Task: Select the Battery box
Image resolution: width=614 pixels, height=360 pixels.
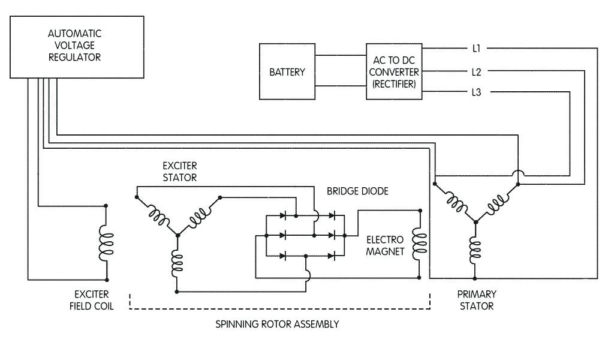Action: point(287,72)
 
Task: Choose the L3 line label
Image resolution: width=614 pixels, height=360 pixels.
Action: point(477,92)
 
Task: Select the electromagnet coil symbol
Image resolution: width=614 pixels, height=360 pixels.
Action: point(419,244)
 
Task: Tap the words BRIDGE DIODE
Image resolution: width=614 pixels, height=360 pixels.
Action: point(357,191)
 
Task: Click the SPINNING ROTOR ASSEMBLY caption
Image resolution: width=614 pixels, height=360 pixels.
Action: point(277,324)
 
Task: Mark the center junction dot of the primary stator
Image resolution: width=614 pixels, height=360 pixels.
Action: point(475,222)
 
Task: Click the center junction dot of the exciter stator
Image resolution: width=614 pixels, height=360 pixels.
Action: point(177,234)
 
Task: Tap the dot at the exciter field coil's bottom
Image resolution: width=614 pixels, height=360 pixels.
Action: point(107,280)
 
